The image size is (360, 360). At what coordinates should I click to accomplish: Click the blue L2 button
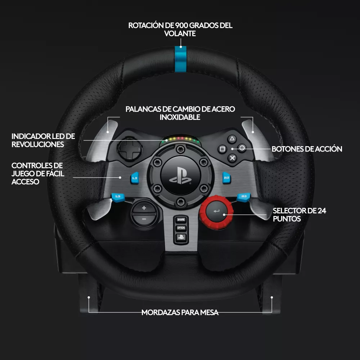(135, 178)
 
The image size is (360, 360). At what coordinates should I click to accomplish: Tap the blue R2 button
(226, 178)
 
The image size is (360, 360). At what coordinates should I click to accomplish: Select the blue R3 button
(244, 197)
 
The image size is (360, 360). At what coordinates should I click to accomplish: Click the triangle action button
(232, 139)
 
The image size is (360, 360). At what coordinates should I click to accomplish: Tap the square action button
(222, 149)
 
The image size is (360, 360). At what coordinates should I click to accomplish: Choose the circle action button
(242, 148)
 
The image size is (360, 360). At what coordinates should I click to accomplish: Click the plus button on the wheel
(144, 208)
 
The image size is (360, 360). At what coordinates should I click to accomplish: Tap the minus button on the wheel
(144, 219)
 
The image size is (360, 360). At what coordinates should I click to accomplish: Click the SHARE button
(181, 220)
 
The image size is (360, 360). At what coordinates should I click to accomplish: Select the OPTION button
(181, 228)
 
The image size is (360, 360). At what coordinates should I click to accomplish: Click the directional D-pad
(130, 149)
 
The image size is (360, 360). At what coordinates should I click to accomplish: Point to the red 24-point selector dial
(216, 212)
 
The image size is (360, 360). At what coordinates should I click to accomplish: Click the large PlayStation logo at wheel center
(180, 176)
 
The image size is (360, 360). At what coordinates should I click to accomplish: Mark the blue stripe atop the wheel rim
(180, 59)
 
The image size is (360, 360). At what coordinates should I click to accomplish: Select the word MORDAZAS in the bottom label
(161, 312)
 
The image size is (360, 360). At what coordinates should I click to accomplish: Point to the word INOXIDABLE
(180, 117)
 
